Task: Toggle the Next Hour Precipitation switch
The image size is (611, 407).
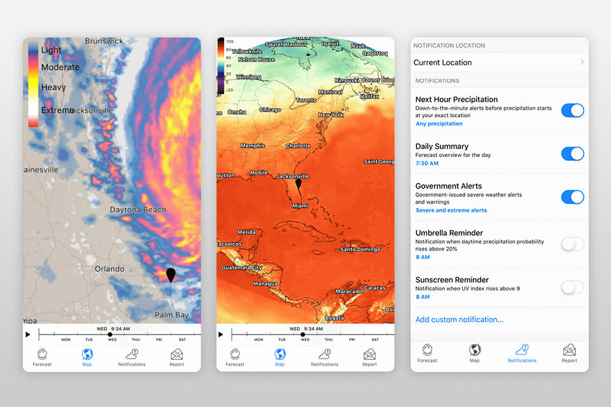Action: tap(572, 110)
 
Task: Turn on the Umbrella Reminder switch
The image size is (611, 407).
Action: tap(572, 244)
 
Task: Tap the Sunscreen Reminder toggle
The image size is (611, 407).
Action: tap(572, 287)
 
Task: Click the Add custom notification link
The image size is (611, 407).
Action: tap(459, 319)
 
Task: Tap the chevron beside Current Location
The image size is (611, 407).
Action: tap(582, 62)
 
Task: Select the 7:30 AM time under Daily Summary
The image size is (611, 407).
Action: tap(426, 163)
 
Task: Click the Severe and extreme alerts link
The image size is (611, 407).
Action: tap(451, 210)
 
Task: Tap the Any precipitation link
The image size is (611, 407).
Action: tap(439, 124)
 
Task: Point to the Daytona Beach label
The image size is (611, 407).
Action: tap(137, 210)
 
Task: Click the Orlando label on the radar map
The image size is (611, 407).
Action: tap(109, 269)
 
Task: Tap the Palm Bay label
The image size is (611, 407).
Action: tap(172, 315)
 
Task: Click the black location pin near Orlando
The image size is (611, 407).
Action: tap(171, 275)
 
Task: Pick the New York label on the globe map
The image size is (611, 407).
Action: tap(331, 115)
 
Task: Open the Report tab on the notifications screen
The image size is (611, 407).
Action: tap(569, 353)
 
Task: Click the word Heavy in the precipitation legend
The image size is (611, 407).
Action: tap(53, 87)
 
